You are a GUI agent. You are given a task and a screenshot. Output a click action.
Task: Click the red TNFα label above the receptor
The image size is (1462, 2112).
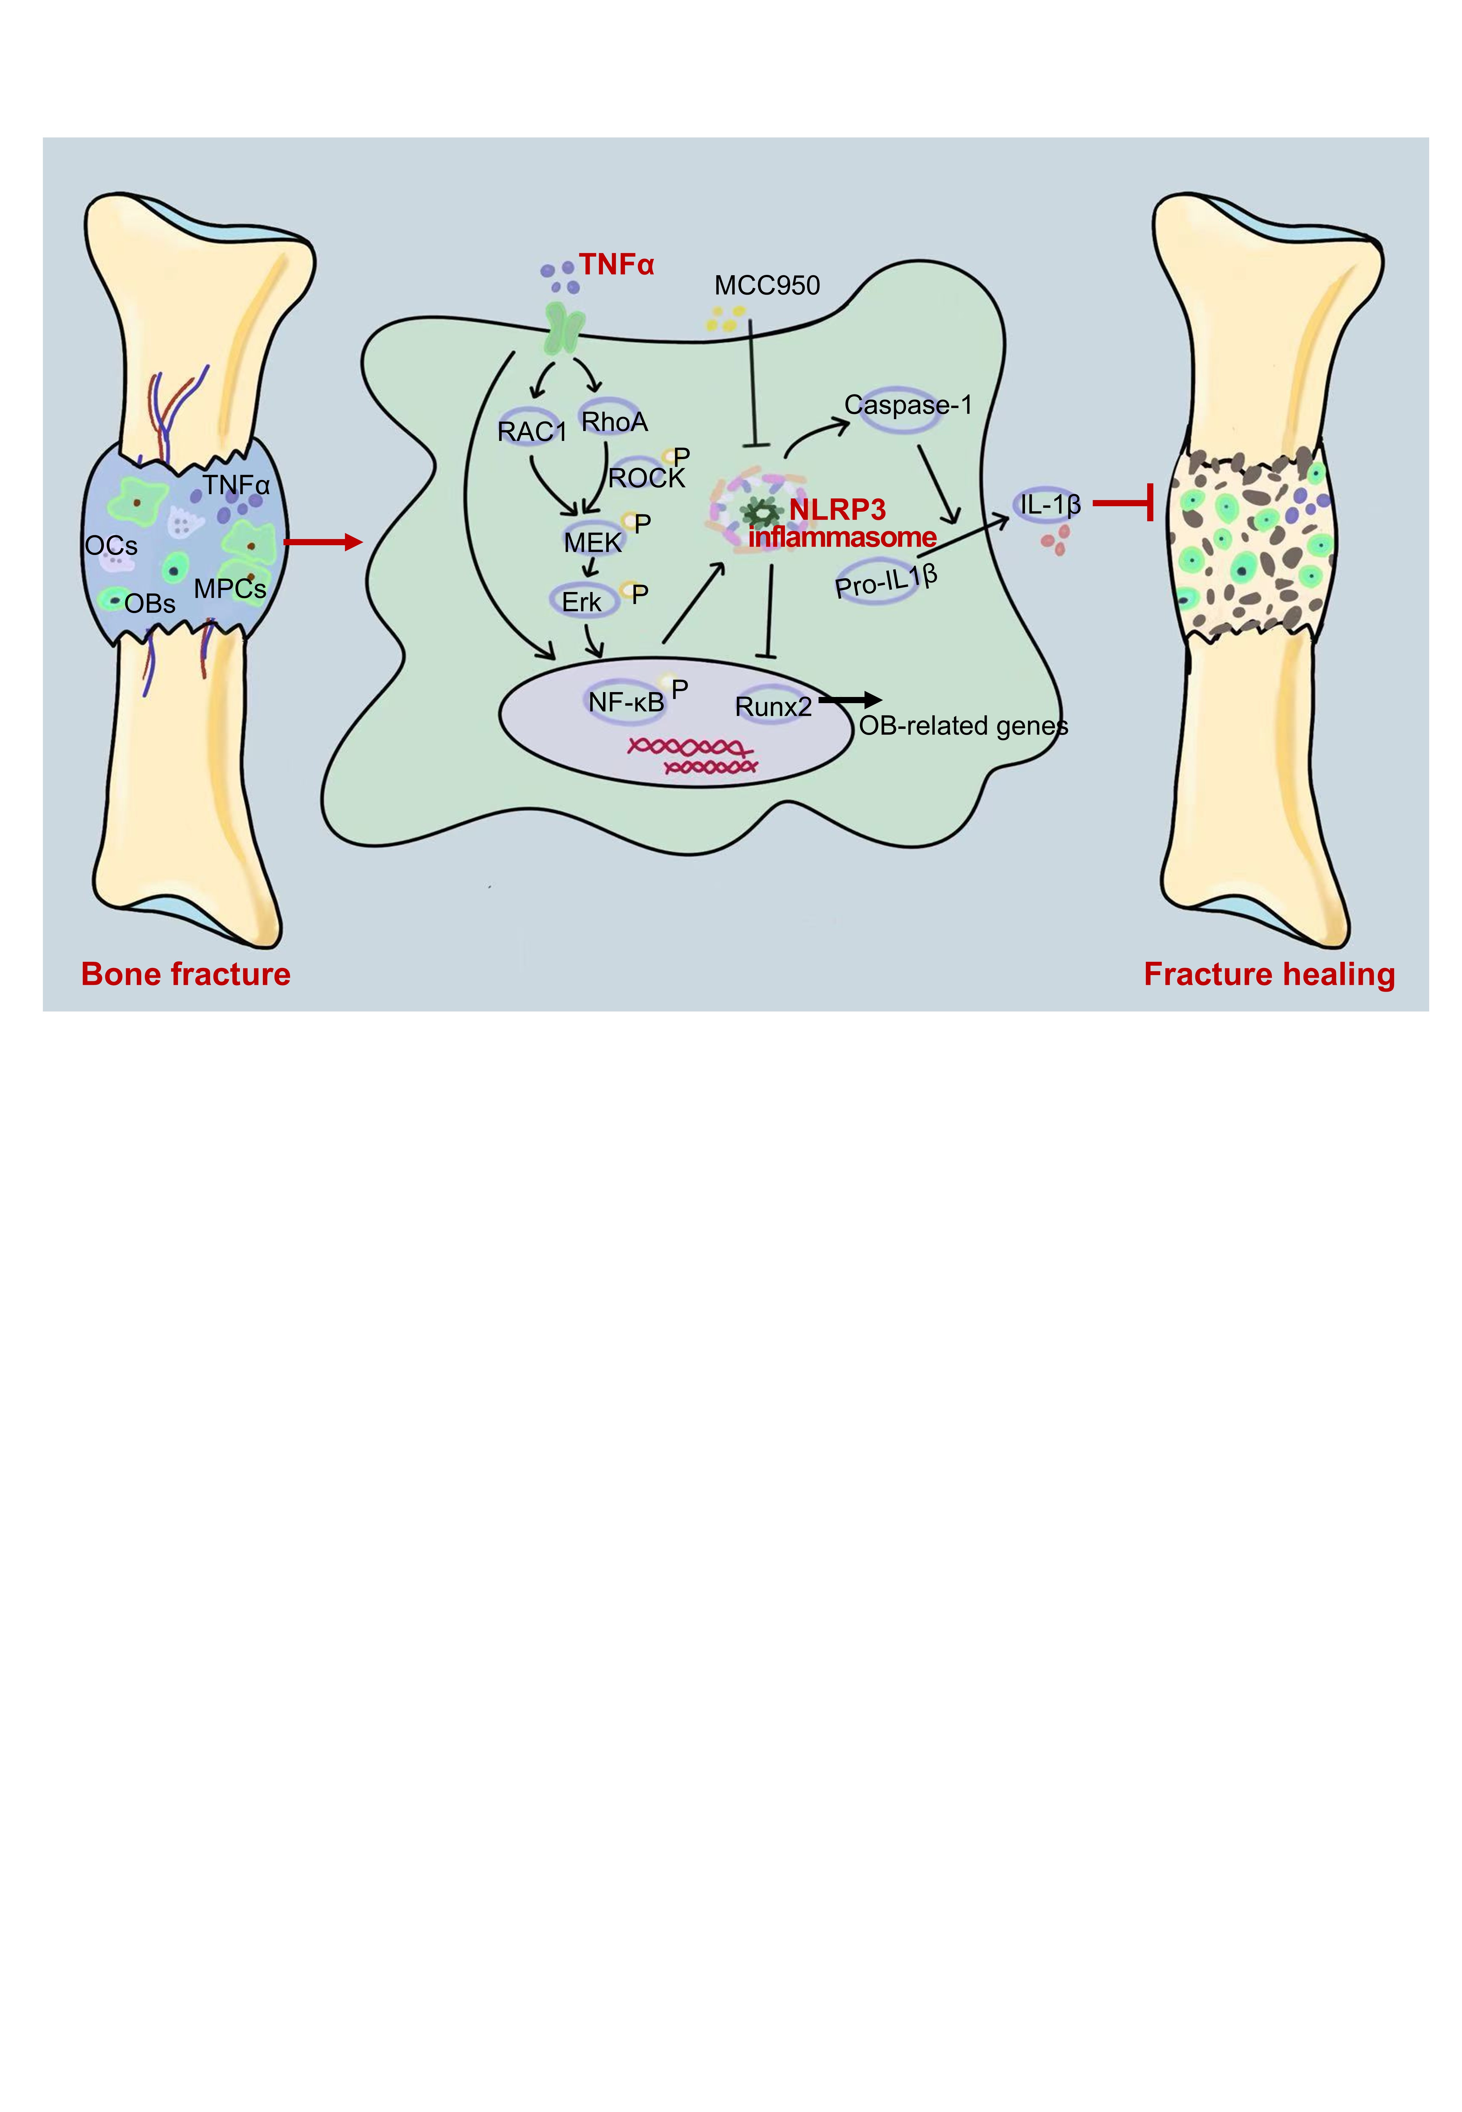point(617,265)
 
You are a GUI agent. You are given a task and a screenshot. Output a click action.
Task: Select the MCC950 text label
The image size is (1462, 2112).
point(767,286)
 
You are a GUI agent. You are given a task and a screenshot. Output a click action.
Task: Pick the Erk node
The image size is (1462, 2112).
point(582,602)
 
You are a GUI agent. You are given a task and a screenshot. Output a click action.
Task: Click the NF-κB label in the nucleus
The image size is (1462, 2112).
point(626,702)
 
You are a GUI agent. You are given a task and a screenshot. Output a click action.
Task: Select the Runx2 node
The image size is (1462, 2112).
point(773,706)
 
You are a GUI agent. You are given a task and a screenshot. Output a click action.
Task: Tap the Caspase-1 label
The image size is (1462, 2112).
point(907,405)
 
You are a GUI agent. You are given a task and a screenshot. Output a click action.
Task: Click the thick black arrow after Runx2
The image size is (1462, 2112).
point(849,701)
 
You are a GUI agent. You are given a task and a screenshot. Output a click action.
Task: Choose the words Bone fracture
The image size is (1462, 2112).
point(186,973)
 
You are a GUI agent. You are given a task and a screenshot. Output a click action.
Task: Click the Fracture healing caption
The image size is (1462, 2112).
point(1269,973)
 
